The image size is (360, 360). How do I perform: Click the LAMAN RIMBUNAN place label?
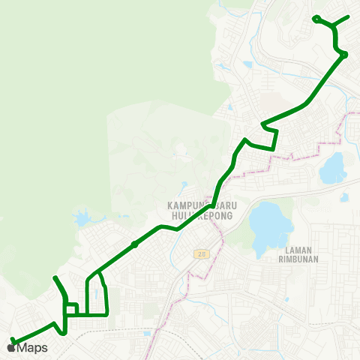pyautogui.click(x=304, y=256)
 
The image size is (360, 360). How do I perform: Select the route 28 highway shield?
pyautogui.click(x=200, y=254)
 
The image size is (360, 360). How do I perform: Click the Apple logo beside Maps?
pyautogui.click(x=10, y=347)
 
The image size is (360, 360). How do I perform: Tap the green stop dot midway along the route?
pyautogui.click(x=133, y=244)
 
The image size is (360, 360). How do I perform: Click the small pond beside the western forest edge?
pyautogui.click(x=81, y=219)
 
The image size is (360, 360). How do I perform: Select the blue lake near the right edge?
pyautogui.click(x=333, y=169)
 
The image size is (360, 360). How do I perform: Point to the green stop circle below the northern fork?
pyautogui.click(x=343, y=54)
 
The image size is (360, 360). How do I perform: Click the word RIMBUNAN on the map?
pyautogui.click(x=304, y=262)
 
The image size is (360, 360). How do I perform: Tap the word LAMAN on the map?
pyautogui.click(x=298, y=250)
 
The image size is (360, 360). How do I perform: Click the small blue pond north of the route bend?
pyautogui.click(x=247, y=64)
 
